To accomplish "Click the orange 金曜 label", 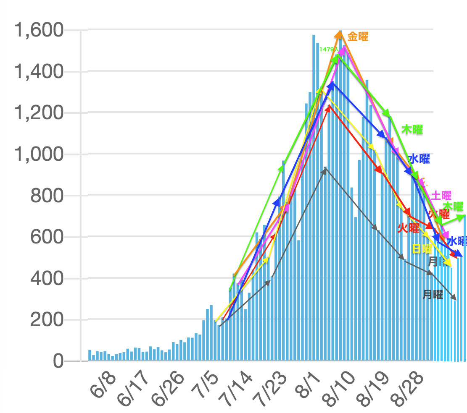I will [x=358, y=37].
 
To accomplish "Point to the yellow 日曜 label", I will [x=422, y=248].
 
